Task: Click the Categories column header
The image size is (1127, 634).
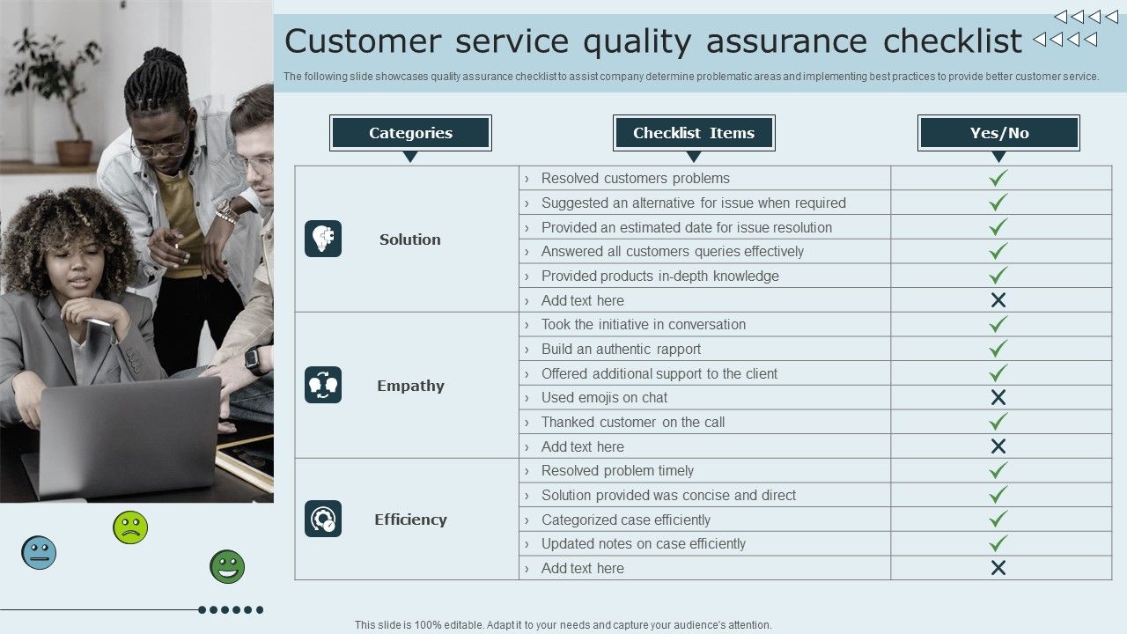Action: coord(410,133)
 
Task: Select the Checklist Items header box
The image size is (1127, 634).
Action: coord(694,133)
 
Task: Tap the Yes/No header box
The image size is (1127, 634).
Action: coord(998,133)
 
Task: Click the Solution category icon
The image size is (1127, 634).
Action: coord(323,239)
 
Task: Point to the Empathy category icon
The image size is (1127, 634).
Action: coord(323,385)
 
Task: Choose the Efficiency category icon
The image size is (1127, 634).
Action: coord(323,519)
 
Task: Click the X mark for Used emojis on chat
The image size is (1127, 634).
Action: coord(998,397)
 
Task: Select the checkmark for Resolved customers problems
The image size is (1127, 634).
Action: coord(998,178)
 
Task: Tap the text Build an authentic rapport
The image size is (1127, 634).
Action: coord(621,349)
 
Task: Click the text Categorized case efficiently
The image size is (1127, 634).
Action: coord(625,520)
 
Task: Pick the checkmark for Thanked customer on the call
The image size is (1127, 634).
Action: coord(998,422)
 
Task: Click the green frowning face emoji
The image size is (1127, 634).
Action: coord(130,527)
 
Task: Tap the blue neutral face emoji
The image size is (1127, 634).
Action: coord(39,553)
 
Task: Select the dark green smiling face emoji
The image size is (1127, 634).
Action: coord(227,567)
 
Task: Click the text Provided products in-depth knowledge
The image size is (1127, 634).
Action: coord(659,276)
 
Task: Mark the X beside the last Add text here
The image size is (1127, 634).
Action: coord(998,568)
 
